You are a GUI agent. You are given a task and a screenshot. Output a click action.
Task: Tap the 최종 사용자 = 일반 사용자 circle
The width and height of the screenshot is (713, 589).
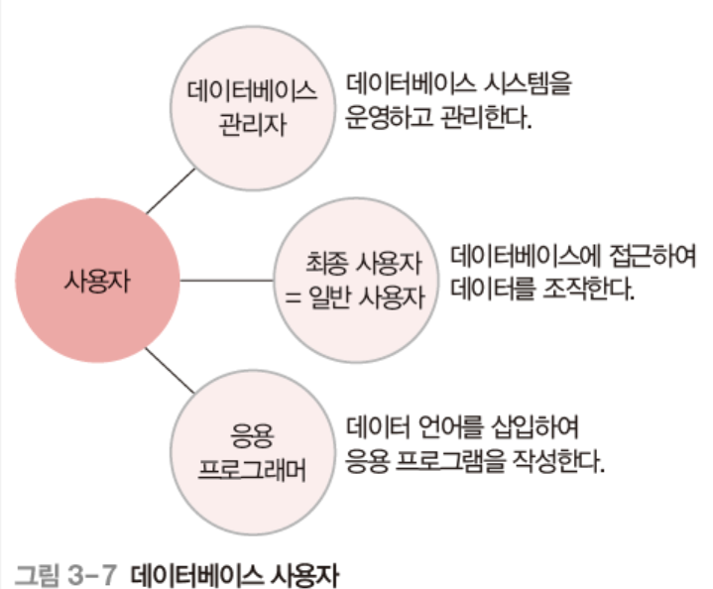pyautogui.click(x=356, y=280)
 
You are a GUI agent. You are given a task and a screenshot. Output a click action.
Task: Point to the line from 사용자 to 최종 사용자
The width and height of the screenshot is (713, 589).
pyautogui.click(x=226, y=281)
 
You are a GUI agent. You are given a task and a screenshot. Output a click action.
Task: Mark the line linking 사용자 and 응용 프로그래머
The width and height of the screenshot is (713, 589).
pyautogui.click(x=170, y=369)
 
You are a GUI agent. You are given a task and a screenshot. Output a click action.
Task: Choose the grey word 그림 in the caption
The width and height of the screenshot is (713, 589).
pyautogui.click(x=36, y=572)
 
